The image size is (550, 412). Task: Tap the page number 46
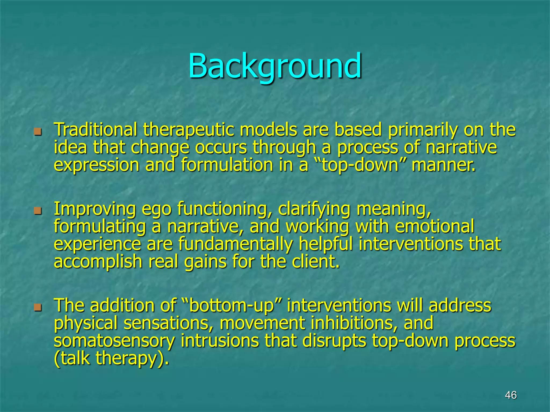511,395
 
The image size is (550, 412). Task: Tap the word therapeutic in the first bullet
188,130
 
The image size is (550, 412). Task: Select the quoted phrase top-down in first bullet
360,165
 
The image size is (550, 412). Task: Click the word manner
443,165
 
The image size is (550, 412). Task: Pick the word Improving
95,209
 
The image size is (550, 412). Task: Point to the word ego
156,209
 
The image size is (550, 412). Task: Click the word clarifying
314,209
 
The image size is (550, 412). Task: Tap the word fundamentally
235,244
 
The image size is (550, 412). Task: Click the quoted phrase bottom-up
231,306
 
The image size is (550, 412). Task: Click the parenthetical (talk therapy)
111,358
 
